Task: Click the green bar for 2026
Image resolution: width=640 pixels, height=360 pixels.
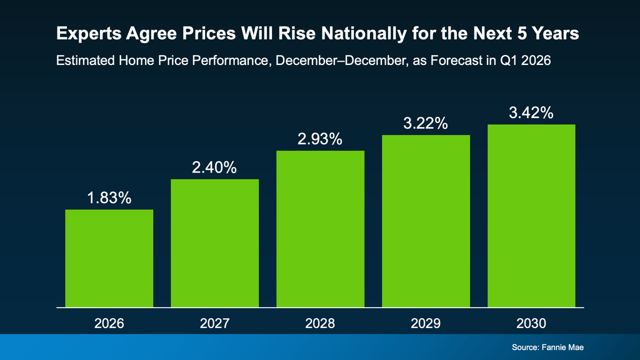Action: point(109,258)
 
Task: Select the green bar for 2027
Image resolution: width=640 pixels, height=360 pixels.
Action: point(214,243)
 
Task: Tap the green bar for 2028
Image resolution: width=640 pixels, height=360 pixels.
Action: point(320,229)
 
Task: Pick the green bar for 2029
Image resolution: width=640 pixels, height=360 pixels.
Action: point(426,221)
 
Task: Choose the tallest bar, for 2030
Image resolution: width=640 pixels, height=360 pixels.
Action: point(531,216)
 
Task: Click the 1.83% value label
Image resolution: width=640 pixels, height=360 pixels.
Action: point(109,198)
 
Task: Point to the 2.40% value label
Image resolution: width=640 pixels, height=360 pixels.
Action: point(214,167)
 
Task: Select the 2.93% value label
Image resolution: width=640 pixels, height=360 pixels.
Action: point(320,139)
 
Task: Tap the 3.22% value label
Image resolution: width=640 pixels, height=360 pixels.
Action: point(426,123)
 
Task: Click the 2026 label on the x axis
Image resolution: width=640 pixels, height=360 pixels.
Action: point(109,324)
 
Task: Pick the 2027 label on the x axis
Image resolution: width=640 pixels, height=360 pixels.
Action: point(214,324)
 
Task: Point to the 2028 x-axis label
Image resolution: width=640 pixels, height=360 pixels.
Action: point(320,324)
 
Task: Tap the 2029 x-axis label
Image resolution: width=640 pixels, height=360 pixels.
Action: point(426,324)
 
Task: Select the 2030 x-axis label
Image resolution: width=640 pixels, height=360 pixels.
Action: point(531,324)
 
